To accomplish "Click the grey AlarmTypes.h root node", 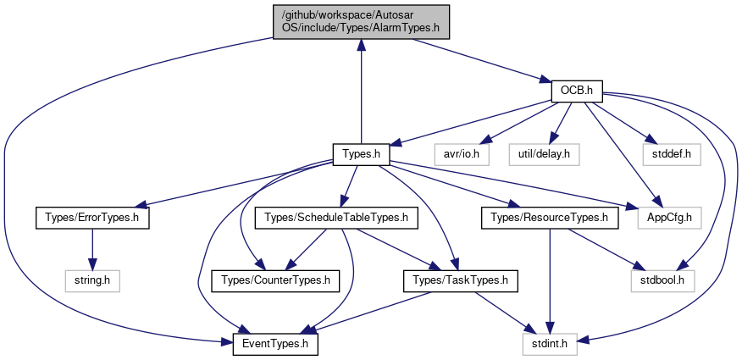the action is pos(361,22).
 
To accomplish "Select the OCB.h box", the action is pos(576,91).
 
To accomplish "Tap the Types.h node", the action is pos(361,155).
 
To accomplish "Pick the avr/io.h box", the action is pos(462,155).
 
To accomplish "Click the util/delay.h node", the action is pos(544,155).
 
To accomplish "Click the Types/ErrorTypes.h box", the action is pos(93,219).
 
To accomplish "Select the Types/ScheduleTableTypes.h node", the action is pos(336,219).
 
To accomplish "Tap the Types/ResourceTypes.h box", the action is pos(550,219).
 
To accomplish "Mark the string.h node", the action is pos(93,281).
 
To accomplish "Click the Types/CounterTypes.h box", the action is pos(275,281).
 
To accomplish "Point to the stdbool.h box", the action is pos(663,281).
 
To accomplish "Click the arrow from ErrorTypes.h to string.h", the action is pos(93,250).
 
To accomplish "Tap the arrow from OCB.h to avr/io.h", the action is pos(522,122).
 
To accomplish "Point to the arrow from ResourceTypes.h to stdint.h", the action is pos(550,281).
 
